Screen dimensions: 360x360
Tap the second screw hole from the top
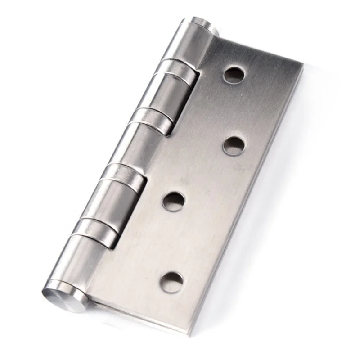[234, 145]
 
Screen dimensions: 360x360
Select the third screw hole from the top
[173, 201]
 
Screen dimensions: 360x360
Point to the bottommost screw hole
[172, 281]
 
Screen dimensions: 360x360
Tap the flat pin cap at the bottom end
[64, 297]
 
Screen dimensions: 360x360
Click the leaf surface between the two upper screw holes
[234, 110]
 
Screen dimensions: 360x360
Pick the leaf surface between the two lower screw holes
[173, 241]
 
